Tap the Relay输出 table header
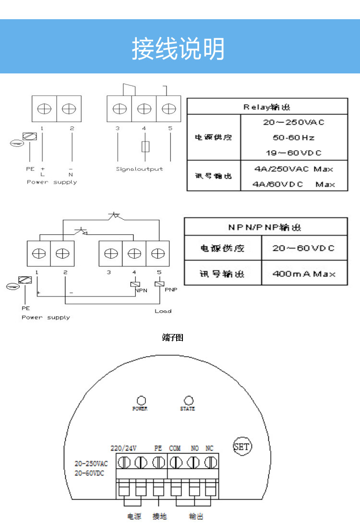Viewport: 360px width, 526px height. (x=267, y=107)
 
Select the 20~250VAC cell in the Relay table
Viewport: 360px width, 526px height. (x=293, y=122)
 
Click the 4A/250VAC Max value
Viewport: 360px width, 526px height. (x=293, y=169)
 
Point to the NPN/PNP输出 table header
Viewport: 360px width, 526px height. (x=265, y=227)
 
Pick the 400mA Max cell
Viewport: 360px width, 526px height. (x=303, y=274)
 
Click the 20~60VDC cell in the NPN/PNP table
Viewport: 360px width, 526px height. (x=303, y=248)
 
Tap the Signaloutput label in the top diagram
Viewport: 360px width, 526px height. (x=139, y=169)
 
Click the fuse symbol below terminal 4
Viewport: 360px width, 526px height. (x=145, y=146)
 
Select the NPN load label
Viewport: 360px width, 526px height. (x=141, y=290)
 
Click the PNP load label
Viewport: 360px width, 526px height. (x=171, y=290)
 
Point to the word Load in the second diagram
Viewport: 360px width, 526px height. (x=163, y=311)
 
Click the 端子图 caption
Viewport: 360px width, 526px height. (x=173, y=338)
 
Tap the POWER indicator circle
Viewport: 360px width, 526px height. (x=141, y=400)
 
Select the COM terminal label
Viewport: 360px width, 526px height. (x=175, y=448)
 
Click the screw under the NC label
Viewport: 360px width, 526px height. (x=210, y=462)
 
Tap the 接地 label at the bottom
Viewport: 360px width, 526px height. (x=159, y=516)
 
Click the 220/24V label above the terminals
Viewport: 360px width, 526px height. (x=123, y=448)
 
